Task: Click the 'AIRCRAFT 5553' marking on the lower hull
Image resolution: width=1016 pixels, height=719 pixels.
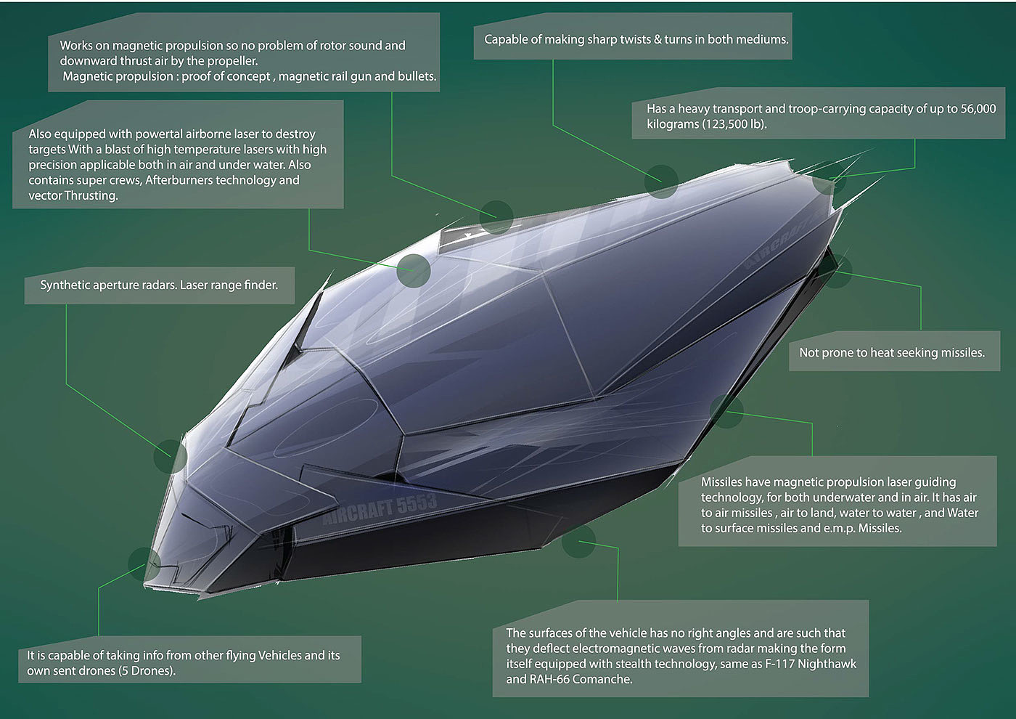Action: pos(380,508)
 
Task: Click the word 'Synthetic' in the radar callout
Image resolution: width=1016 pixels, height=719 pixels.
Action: pos(65,285)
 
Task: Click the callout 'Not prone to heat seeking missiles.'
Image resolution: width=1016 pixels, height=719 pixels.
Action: pos(891,353)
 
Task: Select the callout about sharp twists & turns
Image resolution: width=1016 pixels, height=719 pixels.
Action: pos(636,39)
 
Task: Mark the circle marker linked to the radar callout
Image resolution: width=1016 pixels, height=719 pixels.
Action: pos(171,457)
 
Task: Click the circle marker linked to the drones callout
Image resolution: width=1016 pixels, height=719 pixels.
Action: pos(144,564)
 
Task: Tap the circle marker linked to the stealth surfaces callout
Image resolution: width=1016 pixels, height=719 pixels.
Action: pos(578,542)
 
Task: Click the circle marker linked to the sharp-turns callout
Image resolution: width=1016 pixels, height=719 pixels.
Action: pos(661,181)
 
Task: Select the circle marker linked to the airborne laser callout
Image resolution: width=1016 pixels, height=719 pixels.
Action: pos(414,270)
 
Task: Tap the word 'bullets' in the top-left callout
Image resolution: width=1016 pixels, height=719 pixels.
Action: pos(416,76)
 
